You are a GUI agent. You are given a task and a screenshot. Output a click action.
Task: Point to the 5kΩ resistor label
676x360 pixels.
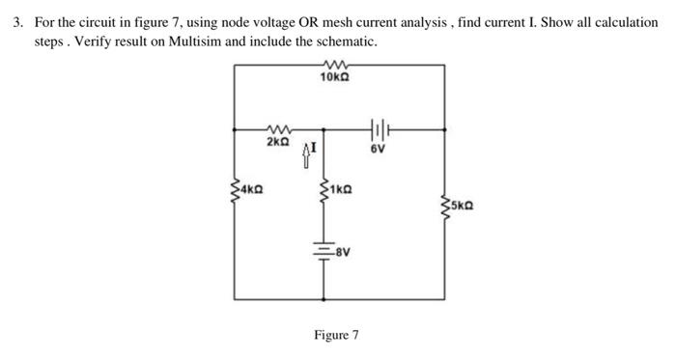pyautogui.click(x=461, y=206)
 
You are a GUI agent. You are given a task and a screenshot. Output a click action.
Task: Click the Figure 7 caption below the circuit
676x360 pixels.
pyautogui.click(x=335, y=335)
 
